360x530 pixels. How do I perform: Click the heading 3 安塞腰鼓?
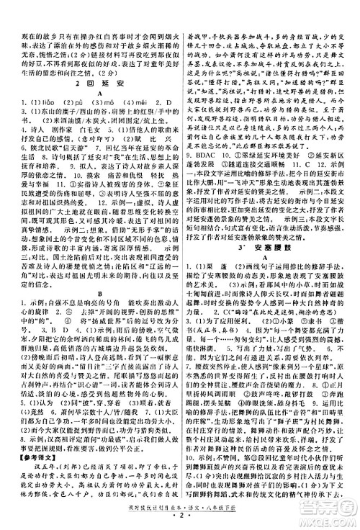[271, 296]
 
